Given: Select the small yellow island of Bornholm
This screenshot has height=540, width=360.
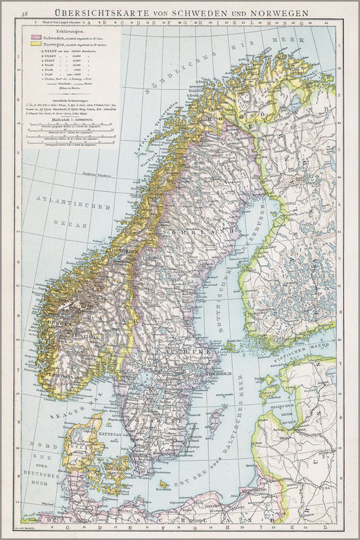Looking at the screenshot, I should (x=164, y=484).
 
